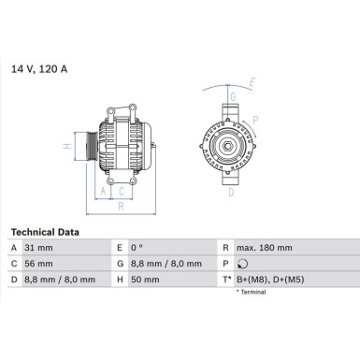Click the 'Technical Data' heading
[45, 232]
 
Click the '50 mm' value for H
[146, 280]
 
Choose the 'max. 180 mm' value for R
[266, 248]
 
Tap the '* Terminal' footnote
[251, 293]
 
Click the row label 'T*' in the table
[226, 280]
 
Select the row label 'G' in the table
[119, 264]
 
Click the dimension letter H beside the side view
[65, 146]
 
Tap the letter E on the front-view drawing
[251, 85]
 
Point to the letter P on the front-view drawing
[257, 120]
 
